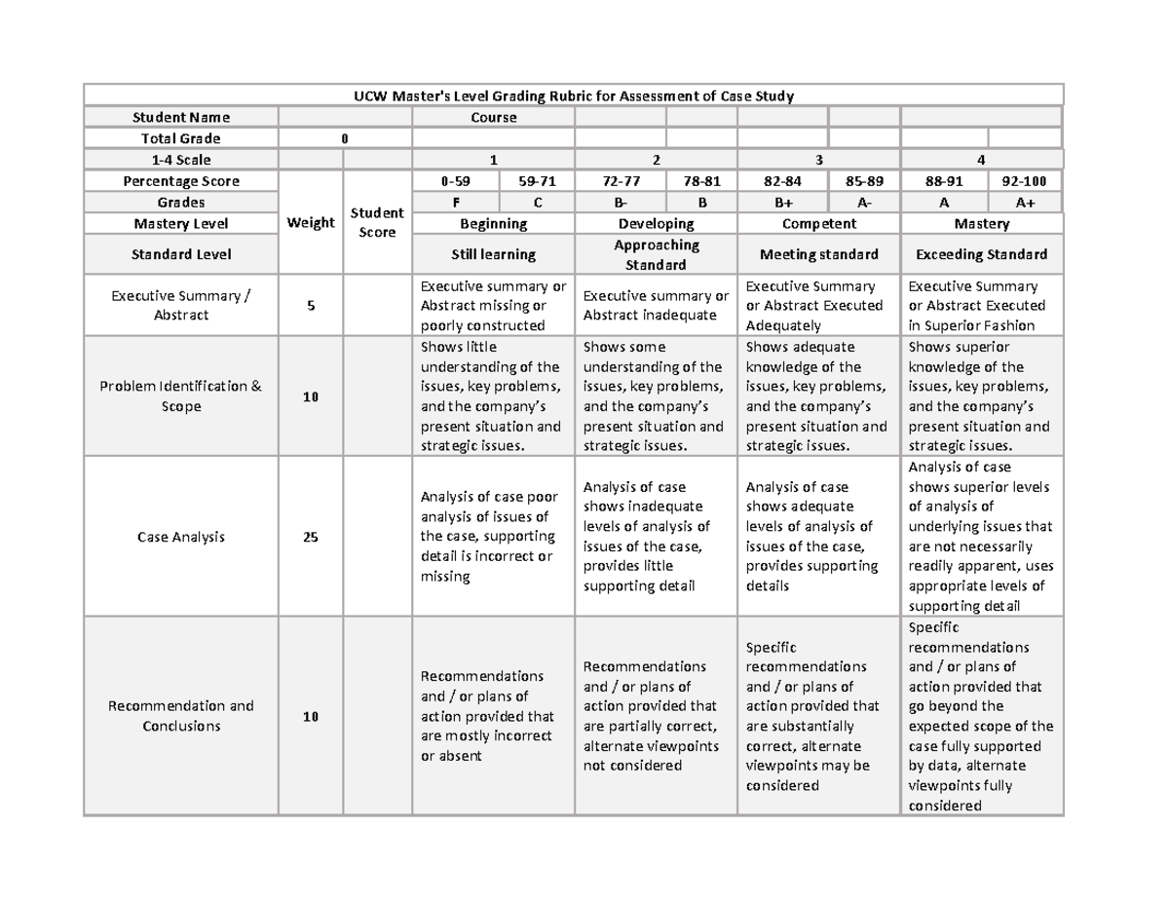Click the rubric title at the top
click(573, 95)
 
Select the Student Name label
click(181, 117)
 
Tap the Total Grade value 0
click(344, 138)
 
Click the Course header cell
click(494, 117)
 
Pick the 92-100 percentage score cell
click(1026, 181)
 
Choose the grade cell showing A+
click(1026, 203)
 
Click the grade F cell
click(455, 203)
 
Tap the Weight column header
click(311, 223)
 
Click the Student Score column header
click(377, 223)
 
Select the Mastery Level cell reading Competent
click(818, 224)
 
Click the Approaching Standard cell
click(657, 254)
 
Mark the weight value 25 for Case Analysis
click(311, 537)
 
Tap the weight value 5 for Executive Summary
click(311, 306)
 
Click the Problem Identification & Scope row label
click(181, 396)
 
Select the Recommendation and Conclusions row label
click(181, 716)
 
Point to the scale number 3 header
click(818, 160)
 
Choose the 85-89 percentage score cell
click(863, 181)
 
